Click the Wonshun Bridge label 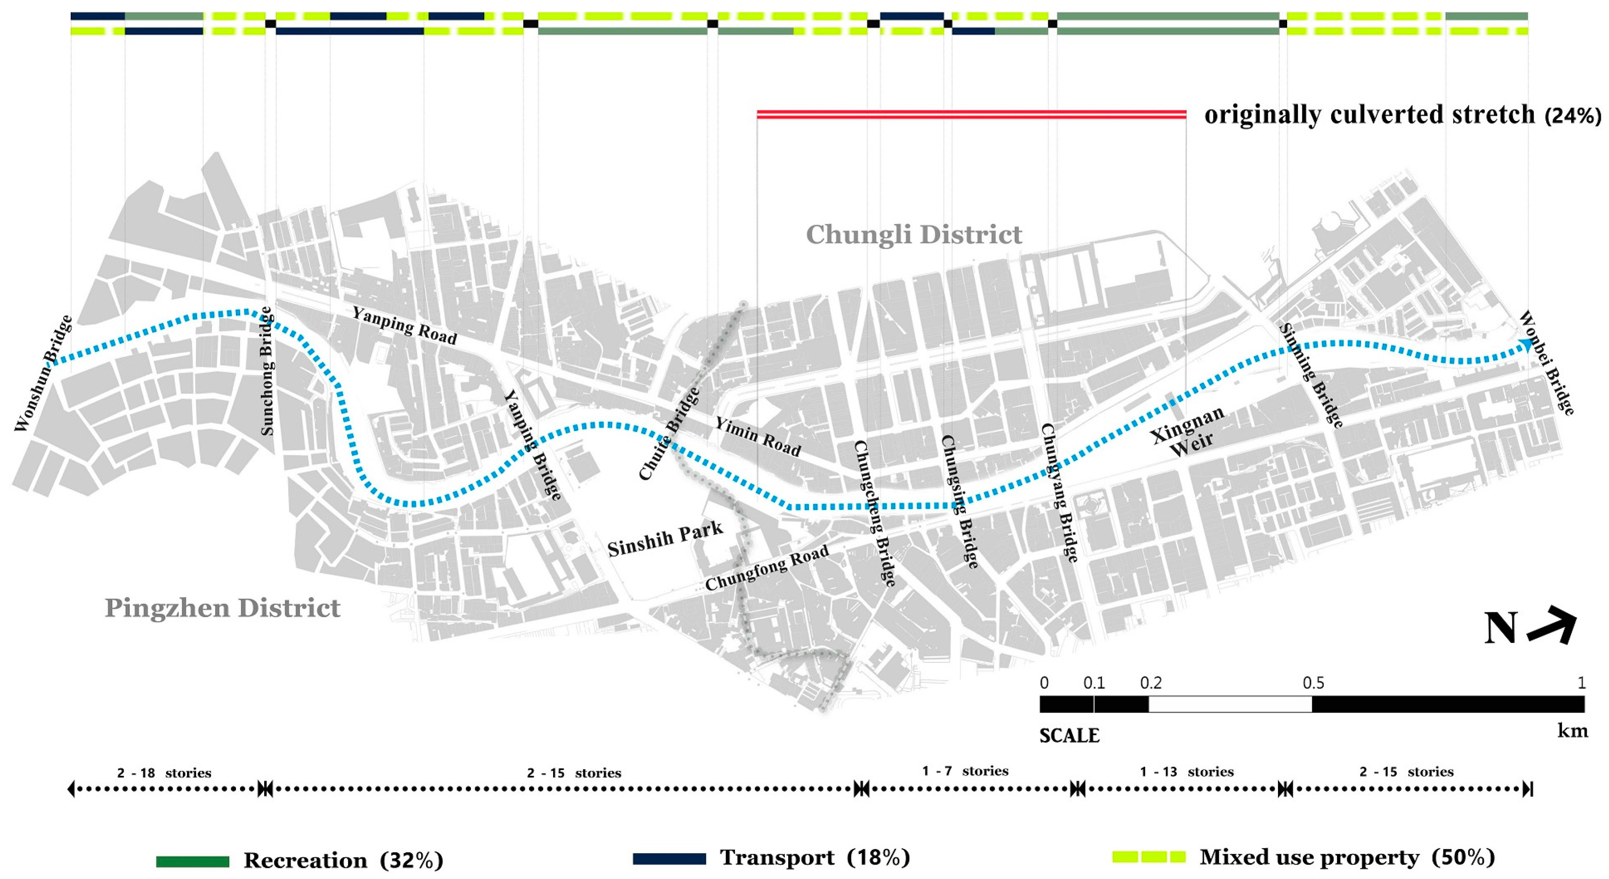pos(42,374)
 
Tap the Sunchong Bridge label pos(267,370)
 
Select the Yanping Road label pos(404,325)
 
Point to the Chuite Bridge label pos(669,434)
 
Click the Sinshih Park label pos(665,539)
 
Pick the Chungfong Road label pos(767,567)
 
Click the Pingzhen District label pos(223,608)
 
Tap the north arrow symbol pos(1551,629)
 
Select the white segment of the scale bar pos(1230,704)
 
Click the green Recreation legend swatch pos(193,861)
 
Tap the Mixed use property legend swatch pos(1149,858)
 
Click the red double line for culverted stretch pos(971,115)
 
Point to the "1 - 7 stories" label pos(965,771)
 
